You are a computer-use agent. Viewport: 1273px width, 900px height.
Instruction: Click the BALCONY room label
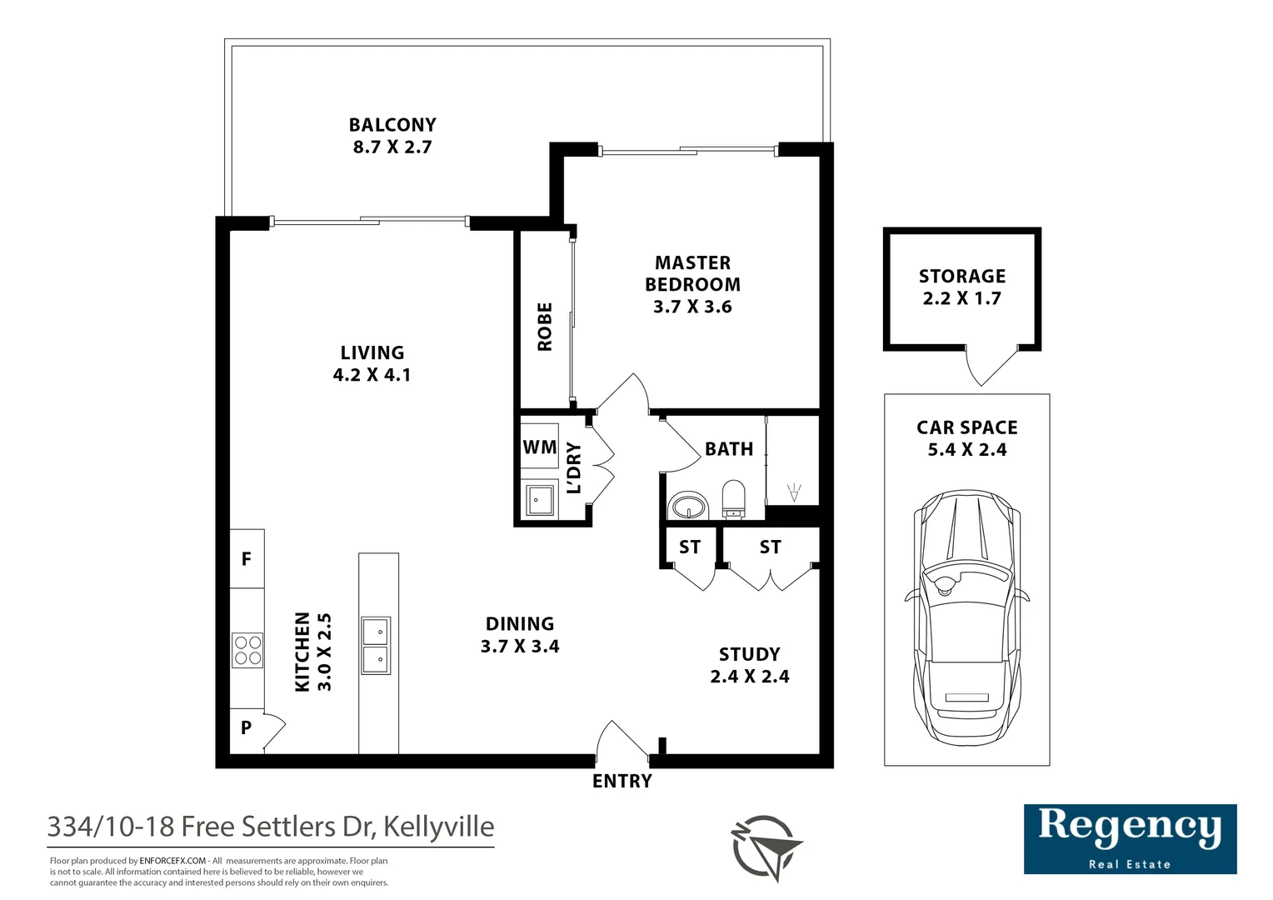[x=392, y=124]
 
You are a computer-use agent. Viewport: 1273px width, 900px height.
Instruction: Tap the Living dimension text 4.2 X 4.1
[x=372, y=375]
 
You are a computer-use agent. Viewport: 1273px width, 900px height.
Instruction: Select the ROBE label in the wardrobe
[x=544, y=327]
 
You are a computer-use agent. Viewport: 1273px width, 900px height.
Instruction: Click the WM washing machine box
[x=539, y=447]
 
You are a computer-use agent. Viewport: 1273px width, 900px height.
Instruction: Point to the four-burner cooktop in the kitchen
[x=247, y=650]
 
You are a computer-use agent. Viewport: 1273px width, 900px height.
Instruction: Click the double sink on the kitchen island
[x=376, y=645]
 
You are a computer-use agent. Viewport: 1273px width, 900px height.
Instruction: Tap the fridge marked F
[x=247, y=558]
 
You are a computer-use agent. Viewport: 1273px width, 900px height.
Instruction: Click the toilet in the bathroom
[x=733, y=500]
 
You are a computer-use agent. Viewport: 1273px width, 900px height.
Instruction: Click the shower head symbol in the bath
[x=794, y=492]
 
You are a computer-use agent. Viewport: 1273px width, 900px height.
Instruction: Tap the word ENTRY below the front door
[x=622, y=781]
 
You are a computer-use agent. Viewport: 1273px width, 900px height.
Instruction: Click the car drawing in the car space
[x=966, y=617]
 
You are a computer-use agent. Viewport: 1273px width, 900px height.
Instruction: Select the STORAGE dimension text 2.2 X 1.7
[x=961, y=297]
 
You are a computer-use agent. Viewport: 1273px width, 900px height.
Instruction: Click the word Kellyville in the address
[x=439, y=827]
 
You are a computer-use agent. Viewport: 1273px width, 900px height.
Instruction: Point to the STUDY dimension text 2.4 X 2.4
[x=750, y=676]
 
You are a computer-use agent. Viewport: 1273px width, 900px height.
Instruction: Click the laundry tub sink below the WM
[x=539, y=500]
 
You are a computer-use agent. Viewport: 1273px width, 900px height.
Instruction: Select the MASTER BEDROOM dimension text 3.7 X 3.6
[x=692, y=307]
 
